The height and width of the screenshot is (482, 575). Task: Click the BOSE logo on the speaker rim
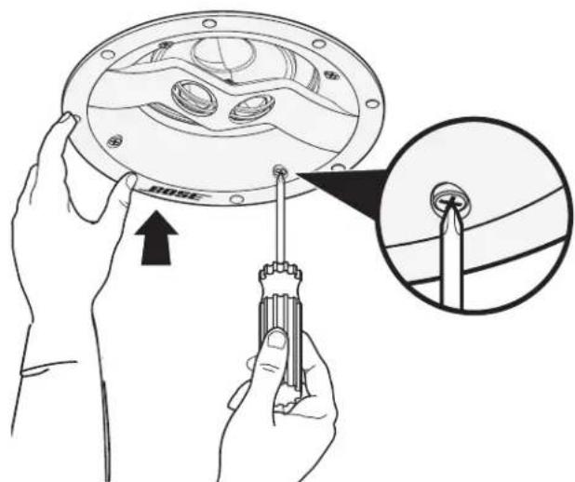pos(174,193)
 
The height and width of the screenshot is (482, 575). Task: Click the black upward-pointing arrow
pos(156,237)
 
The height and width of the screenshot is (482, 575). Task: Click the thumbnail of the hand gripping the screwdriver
pos(277,339)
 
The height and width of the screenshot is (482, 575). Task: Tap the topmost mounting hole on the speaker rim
pos(209,23)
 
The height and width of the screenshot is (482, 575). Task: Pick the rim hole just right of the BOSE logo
pos(237,199)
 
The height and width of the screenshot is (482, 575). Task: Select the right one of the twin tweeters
pos(251,108)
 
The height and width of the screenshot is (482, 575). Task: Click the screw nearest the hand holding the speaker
pos(114,141)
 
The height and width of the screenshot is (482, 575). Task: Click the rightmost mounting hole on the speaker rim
pos(372,103)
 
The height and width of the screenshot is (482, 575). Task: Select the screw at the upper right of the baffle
pos(332,75)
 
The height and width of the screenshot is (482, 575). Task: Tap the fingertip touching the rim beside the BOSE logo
pos(131,181)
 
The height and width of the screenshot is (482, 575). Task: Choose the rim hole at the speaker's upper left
pos(107,55)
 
